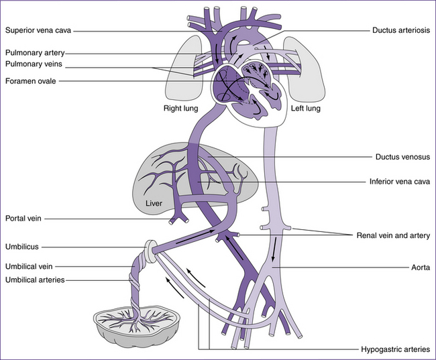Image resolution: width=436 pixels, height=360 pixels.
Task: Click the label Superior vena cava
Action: click(x=38, y=30)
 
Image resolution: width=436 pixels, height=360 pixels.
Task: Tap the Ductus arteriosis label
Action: click(x=401, y=30)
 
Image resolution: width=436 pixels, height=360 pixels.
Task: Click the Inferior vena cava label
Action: click(x=399, y=181)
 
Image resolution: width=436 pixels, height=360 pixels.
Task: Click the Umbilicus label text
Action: click(x=22, y=247)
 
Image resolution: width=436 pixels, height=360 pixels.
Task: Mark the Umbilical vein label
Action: click(x=30, y=266)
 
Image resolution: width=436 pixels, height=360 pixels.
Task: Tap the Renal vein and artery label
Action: click(x=392, y=235)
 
